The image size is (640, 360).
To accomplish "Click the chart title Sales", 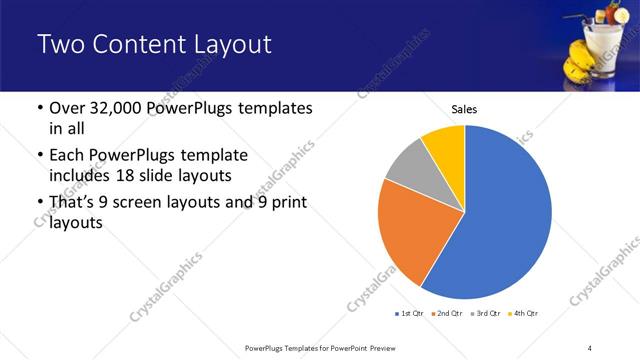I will pyautogui.click(x=464, y=108).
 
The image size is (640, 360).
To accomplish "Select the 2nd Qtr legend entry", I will pyautogui.click(x=445, y=314).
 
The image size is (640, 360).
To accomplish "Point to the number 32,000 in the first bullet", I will pyautogui.click(x=122, y=108).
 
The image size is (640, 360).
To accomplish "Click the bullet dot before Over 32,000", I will pyautogui.click(x=38, y=108).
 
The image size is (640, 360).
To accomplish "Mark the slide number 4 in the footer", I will pyautogui.click(x=589, y=347).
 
